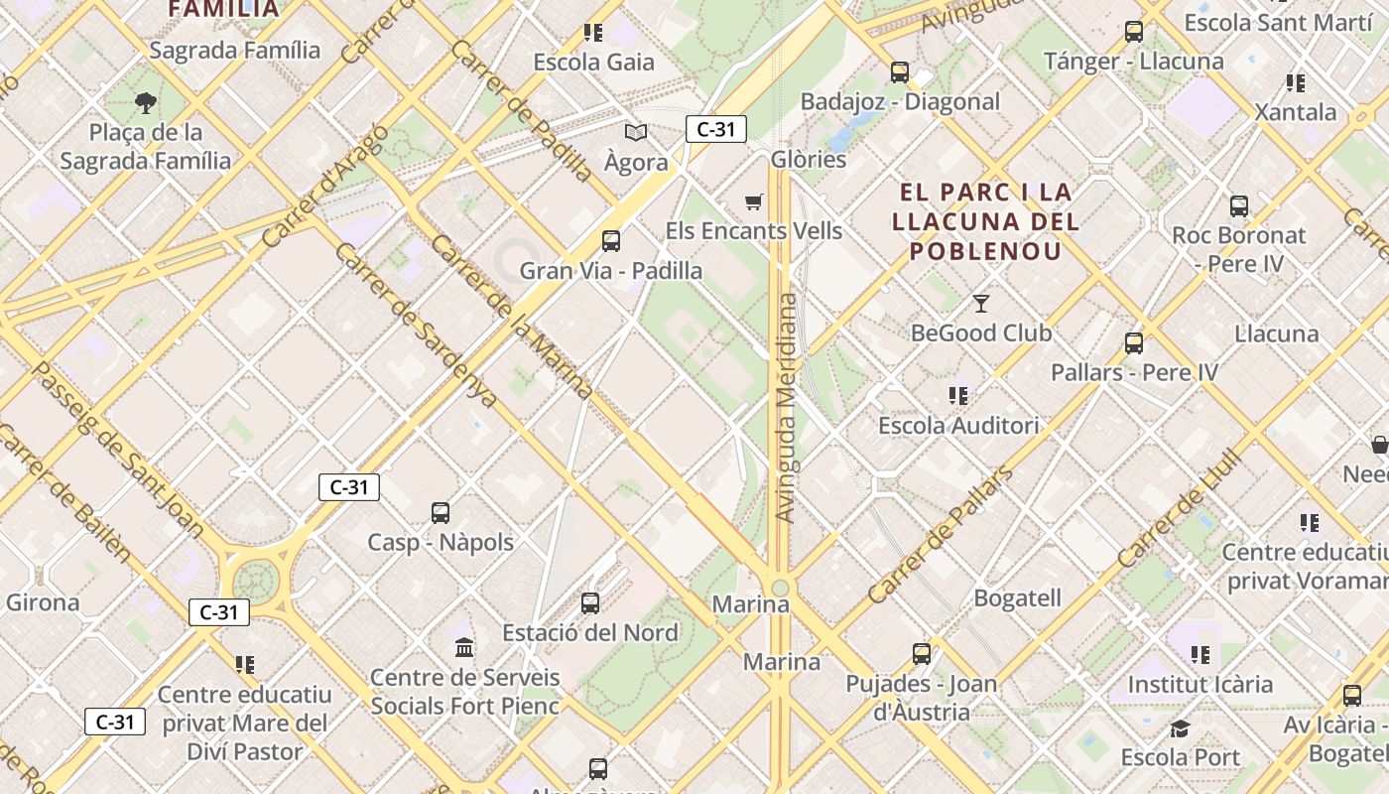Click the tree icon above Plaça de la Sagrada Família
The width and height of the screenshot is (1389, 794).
coord(146,102)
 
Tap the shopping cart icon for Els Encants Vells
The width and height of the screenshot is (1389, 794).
coord(754,202)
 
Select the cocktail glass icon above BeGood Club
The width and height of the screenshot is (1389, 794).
coord(981,304)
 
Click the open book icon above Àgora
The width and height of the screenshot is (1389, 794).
coord(636,132)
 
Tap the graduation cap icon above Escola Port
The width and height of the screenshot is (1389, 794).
coord(1180,729)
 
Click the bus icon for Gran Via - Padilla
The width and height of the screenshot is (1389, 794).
coord(611,241)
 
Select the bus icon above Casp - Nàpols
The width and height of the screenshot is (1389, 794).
coord(441,513)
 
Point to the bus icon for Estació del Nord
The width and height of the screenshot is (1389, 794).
coord(590,603)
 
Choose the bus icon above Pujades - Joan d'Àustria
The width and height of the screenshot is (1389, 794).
coord(922,654)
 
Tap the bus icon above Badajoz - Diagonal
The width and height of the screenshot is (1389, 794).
coord(900,72)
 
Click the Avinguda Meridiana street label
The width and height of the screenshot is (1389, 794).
coord(786,407)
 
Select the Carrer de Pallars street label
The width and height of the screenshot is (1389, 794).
coord(940,535)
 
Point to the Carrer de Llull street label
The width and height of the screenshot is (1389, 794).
coord(1179,508)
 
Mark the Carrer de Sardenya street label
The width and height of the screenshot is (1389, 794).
coord(416,325)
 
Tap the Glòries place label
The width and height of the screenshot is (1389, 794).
coord(809,160)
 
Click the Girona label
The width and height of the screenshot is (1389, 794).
coord(43,602)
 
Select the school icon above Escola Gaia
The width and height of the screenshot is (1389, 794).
coord(593,33)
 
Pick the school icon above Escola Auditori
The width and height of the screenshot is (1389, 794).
coord(958,396)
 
